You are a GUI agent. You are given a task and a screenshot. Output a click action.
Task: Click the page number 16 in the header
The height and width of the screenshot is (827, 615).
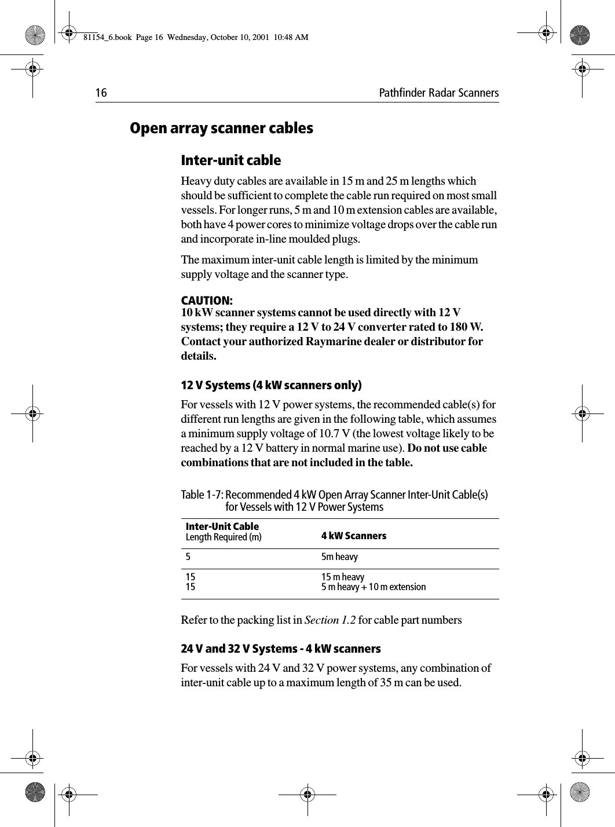[x=101, y=93]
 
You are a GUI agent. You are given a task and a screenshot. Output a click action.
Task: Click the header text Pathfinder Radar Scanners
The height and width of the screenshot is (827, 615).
[x=438, y=93]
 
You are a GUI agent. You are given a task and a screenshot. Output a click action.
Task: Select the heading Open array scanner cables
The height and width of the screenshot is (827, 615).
[x=221, y=128]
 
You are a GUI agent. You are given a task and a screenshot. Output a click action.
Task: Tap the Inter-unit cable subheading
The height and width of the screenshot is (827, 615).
[x=231, y=160]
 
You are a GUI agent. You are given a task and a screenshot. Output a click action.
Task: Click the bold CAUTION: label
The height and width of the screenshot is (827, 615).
[x=207, y=301]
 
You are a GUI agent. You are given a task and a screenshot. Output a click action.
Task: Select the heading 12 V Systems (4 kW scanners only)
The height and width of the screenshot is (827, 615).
[x=272, y=386]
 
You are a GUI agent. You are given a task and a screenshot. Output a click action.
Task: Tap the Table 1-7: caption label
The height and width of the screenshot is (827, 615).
[x=203, y=495]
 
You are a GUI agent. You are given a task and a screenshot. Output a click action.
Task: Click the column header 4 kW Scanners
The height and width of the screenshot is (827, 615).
[x=354, y=536]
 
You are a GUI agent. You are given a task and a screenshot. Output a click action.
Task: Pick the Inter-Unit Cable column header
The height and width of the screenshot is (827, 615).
[x=222, y=526]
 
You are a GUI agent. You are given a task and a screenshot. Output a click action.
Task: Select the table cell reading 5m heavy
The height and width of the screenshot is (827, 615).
[x=340, y=557]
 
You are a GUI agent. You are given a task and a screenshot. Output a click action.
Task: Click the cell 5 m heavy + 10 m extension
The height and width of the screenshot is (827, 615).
[x=374, y=587]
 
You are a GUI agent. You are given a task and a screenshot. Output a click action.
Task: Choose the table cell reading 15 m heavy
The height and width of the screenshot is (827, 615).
[x=343, y=577]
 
